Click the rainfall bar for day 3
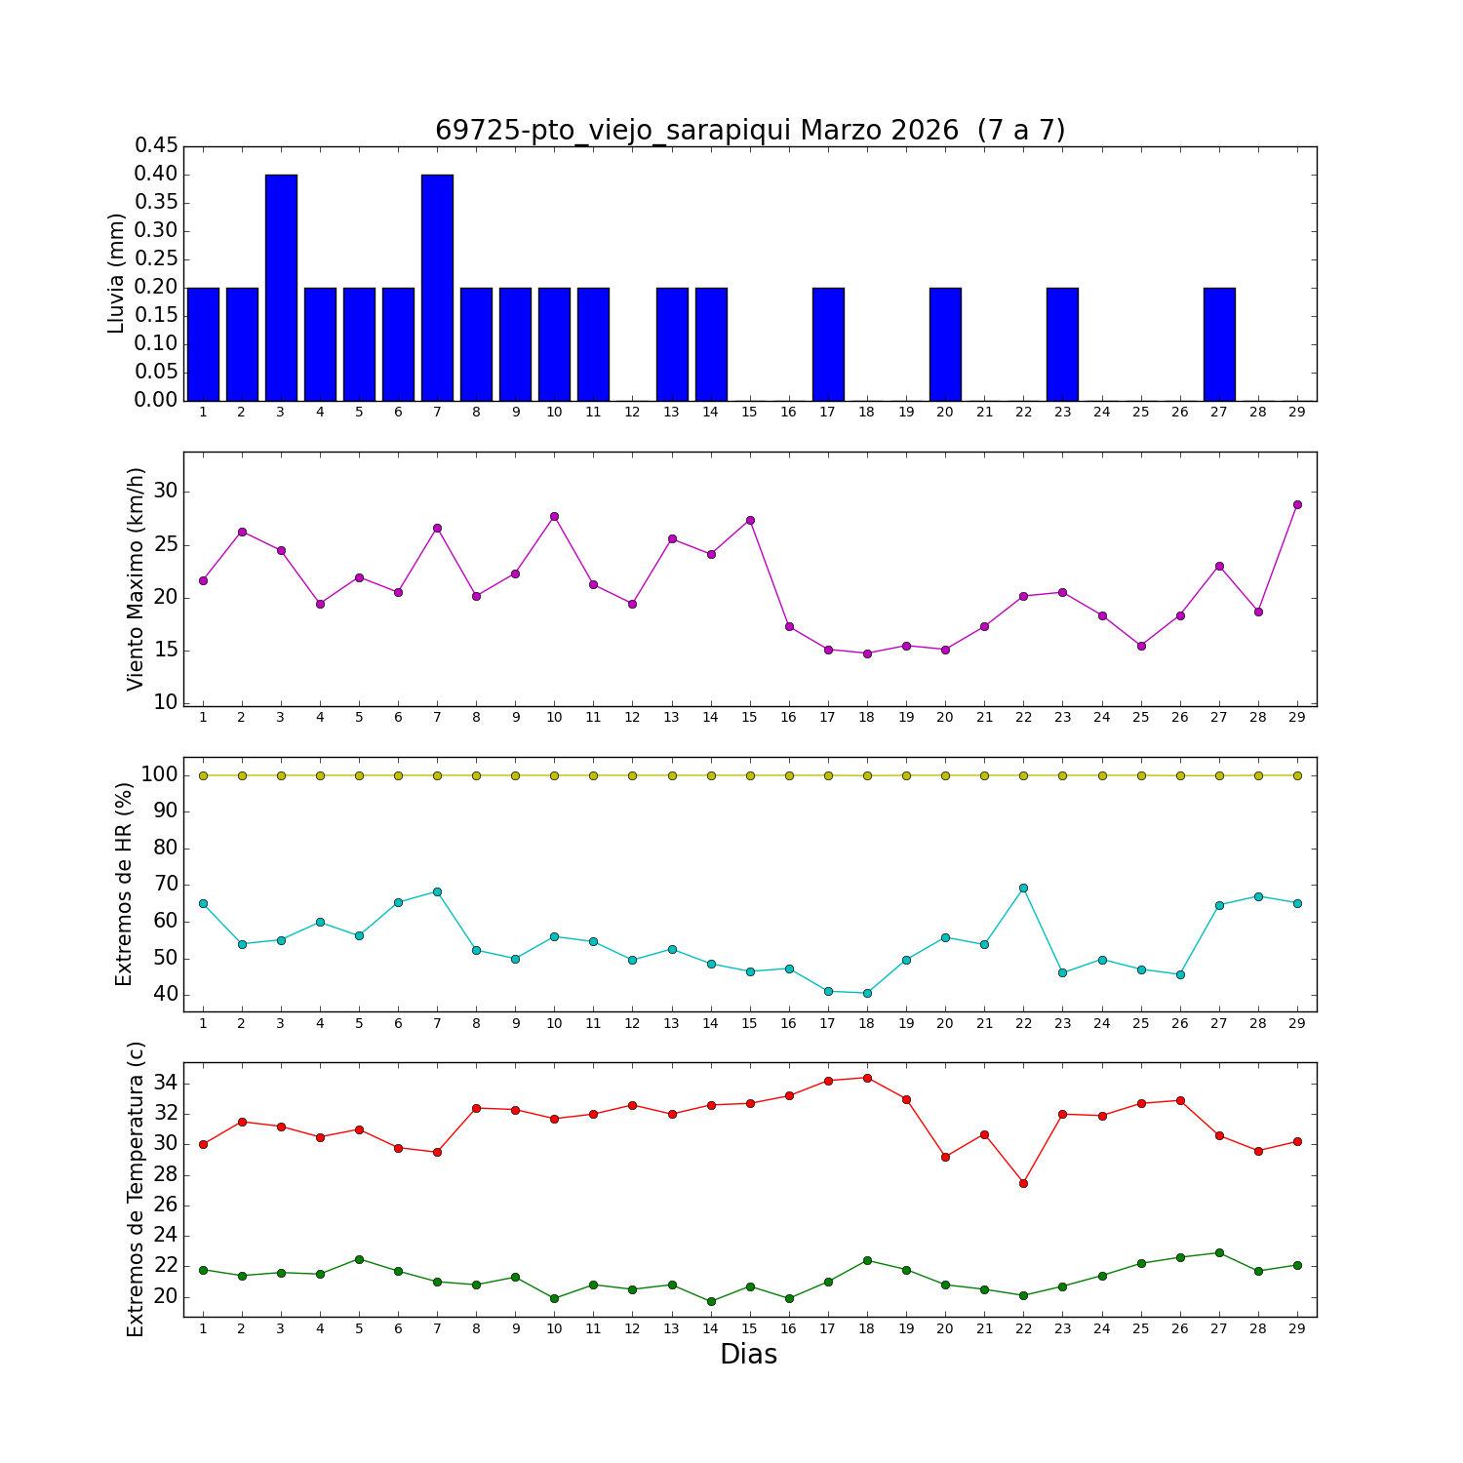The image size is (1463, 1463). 281,288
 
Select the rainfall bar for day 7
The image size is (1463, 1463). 437,288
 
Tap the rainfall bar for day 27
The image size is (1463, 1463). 1219,344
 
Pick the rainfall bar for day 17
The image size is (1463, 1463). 828,344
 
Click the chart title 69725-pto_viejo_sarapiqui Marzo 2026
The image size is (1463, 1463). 749,131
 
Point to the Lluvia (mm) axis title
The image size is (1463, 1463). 117,273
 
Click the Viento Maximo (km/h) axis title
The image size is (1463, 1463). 136,578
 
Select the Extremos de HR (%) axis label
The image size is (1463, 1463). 124,884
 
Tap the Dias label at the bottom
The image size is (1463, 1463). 748,1355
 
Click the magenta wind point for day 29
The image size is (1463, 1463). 1297,504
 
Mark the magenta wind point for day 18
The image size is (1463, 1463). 867,653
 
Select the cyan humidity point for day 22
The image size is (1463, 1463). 1023,888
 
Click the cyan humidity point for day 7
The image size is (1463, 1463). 437,891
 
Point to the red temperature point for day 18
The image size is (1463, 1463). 867,1078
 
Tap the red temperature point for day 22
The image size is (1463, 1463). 1023,1183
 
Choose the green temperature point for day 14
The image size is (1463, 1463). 711,1301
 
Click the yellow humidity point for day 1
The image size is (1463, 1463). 203,775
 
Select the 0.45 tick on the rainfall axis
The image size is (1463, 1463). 156,146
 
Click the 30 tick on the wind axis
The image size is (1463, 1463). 166,492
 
